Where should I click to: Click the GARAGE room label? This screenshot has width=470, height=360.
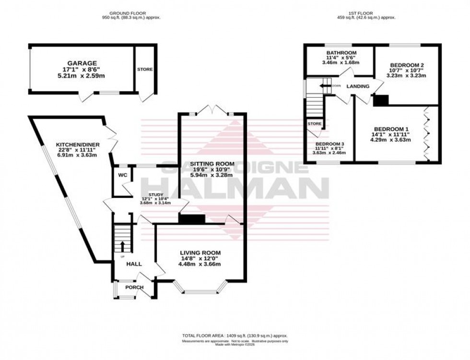82,63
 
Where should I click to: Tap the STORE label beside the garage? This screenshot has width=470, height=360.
145,70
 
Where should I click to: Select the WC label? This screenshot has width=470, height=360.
122,175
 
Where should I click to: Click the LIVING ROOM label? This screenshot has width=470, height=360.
200,253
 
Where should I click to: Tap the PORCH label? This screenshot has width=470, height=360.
134,287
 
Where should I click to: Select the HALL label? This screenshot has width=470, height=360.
134,264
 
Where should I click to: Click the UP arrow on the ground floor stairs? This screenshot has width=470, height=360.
122,246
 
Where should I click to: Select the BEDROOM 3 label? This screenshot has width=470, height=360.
330,144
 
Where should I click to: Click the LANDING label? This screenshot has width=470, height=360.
358,87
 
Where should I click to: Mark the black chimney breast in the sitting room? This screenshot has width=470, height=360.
192,219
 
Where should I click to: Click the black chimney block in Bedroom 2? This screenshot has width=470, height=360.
381,100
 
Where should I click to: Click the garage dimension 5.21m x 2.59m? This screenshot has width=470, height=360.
82,76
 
